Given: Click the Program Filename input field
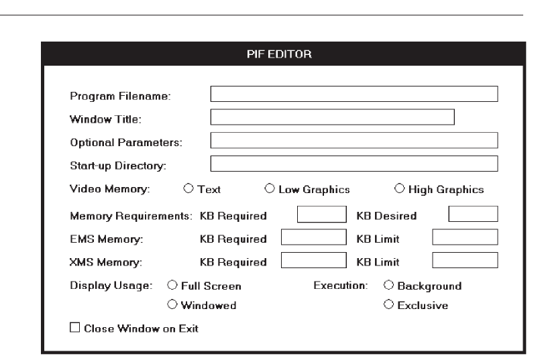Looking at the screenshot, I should (x=354, y=94).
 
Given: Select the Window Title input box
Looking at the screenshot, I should (x=332, y=117).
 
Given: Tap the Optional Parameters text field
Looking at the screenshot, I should (x=354, y=140).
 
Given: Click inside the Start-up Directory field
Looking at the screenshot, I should (x=354, y=164).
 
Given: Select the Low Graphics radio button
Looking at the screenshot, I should (x=270, y=189).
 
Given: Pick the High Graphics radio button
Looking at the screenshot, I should (x=400, y=189).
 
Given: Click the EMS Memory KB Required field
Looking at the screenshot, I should (x=312, y=237).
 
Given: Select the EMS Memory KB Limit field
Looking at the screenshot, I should (x=465, y=237).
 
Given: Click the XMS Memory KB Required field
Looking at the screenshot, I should (x=312, y=260).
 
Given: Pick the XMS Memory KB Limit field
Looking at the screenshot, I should (x=465, y=260).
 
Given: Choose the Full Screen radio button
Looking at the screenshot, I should (x=172, y=286).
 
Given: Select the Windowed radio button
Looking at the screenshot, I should (x=172, y=305).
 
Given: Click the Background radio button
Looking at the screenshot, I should (x=389, y=286).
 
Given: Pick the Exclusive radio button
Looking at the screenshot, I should (x=389, y=305).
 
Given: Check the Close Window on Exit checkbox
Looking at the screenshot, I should (x=74, y=328).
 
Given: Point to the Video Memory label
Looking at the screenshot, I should (x=109, y=190).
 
